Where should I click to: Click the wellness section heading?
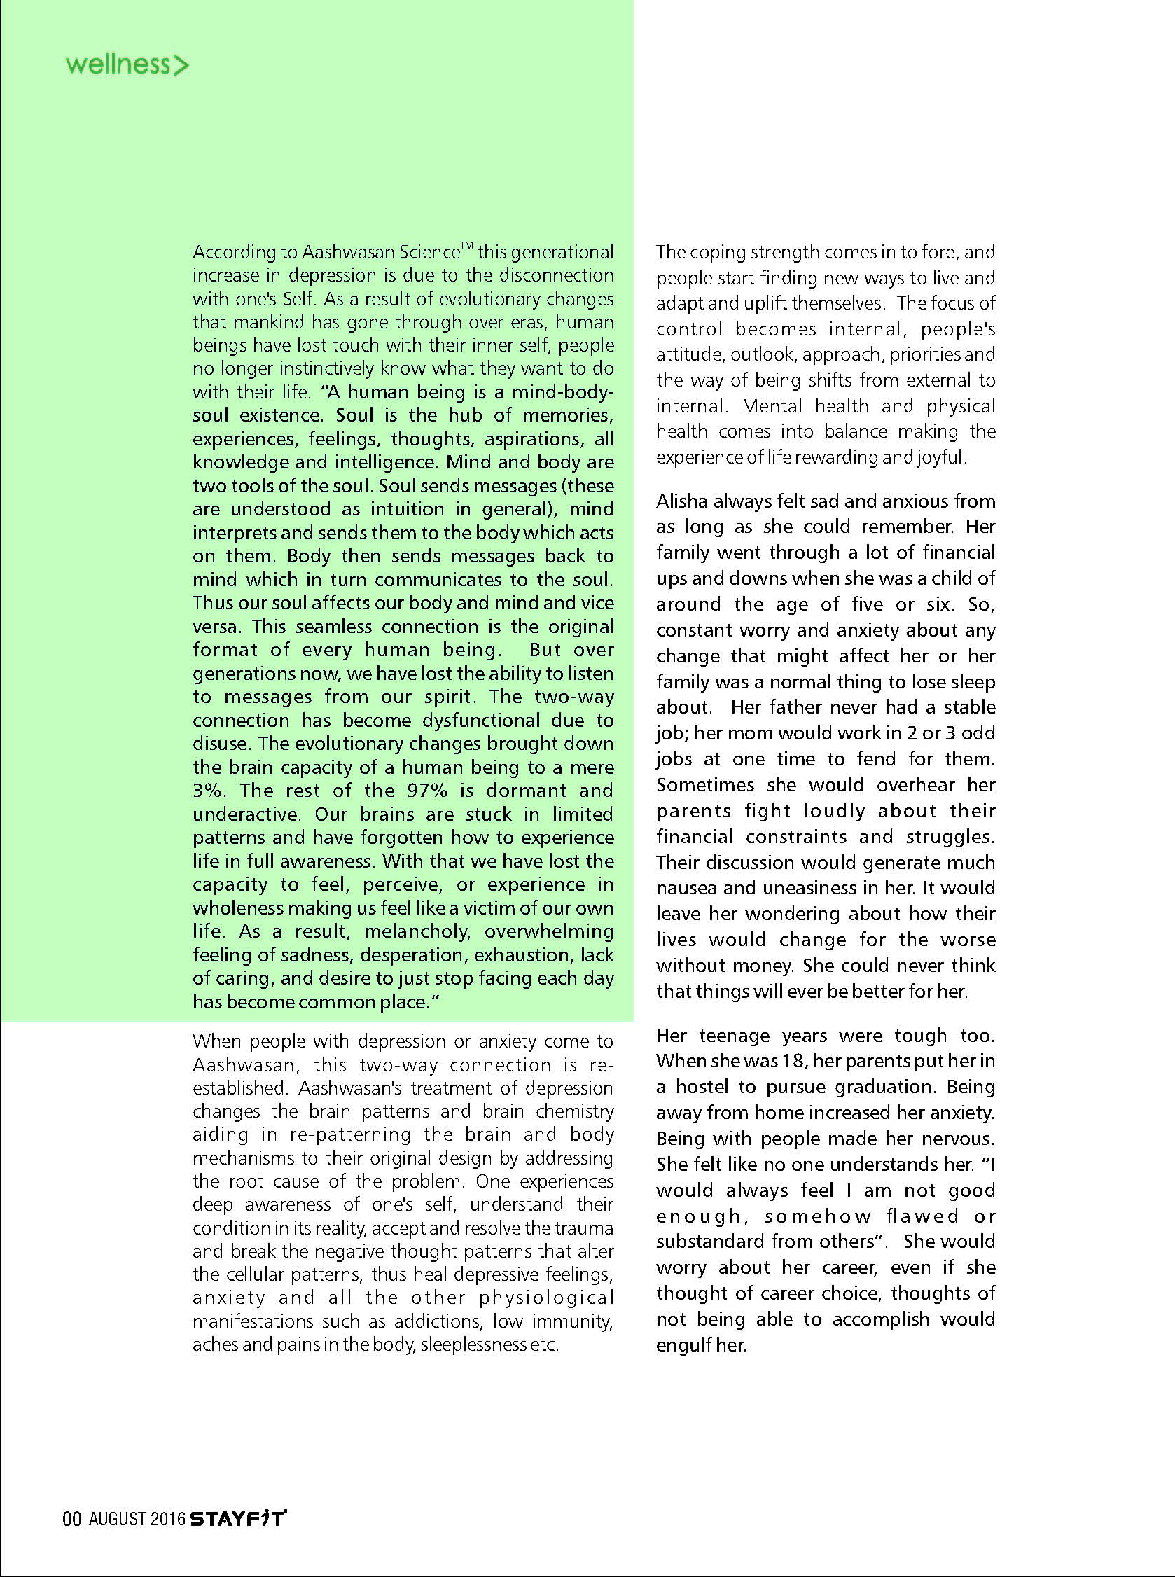[x=118, y=64]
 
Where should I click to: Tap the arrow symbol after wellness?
[x=181, y=66]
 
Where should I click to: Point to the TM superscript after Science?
[x=466, y=246]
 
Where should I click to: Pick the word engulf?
[x=686, y=1345]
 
